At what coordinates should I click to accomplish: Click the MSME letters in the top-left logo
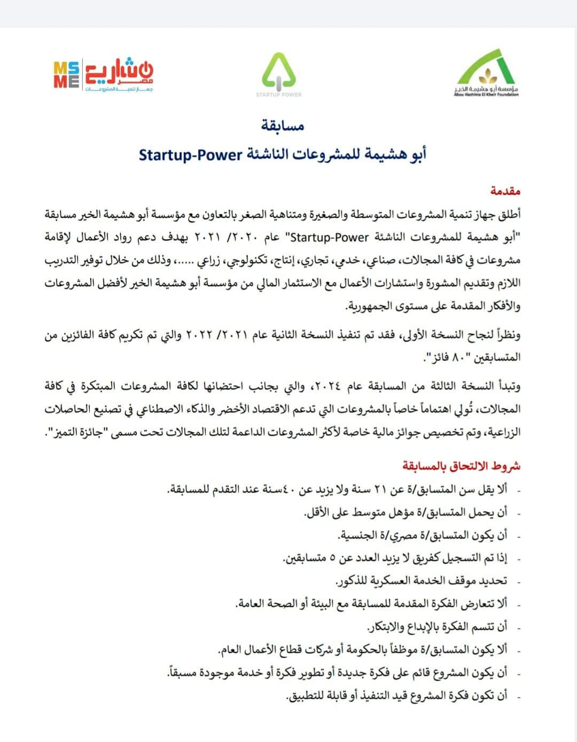point(67,74)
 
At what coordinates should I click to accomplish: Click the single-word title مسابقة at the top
point(283,126)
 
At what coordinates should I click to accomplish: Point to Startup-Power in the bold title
point(191,155)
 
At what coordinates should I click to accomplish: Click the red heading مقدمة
point(505,191)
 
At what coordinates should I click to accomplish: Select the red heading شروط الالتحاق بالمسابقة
point(462,466)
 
